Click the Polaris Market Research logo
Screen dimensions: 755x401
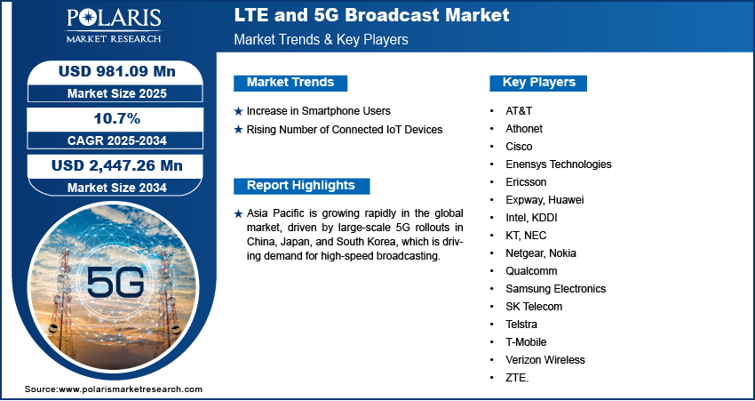click(114, 26)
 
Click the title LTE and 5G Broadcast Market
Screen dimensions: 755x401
click(371, 15)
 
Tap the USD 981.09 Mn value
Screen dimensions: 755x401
click(117, 72)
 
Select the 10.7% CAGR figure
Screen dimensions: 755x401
click(116, 118)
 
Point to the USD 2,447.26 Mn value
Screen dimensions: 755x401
click(117, 165)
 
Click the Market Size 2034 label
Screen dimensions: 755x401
click(117, 188)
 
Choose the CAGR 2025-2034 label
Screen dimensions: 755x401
click(117, 140)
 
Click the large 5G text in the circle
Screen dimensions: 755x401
click(115, 282)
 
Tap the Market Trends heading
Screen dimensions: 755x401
click(290, 83)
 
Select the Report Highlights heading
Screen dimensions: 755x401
click(301, 186)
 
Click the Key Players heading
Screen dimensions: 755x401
click(539, 83)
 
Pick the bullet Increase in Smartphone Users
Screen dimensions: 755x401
click(318, 111)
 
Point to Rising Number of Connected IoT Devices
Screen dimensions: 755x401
click(345, 129)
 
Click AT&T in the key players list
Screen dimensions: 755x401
click(519, 111)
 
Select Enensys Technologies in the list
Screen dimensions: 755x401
click(559, 164)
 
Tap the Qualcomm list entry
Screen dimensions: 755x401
click(531, 271)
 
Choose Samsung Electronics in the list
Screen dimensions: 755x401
click(556, 289)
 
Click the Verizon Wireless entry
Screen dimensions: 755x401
click(545, 359)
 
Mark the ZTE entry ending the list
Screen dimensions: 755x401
click(517, 378)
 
